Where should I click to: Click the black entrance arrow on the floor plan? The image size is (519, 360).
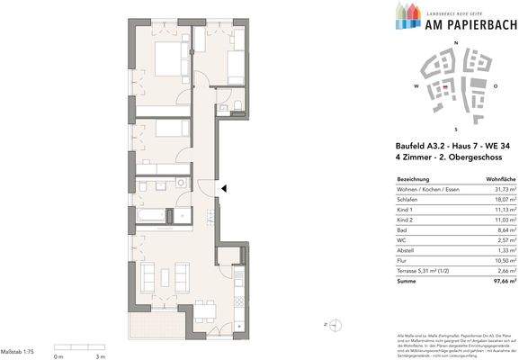(225, 188)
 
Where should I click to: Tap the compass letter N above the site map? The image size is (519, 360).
(455, 44)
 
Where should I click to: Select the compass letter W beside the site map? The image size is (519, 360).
(416, 86)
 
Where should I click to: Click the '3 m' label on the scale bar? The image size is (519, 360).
(102, 356)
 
